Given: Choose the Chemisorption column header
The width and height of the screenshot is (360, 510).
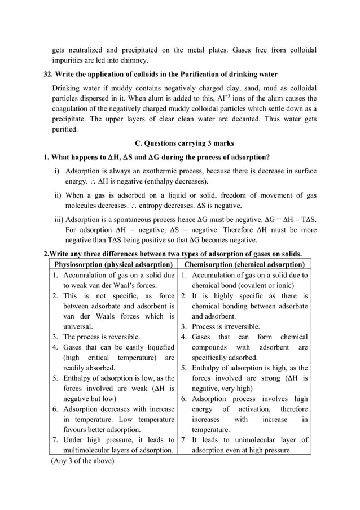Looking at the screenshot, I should pyautogui.click(x=244, y=264).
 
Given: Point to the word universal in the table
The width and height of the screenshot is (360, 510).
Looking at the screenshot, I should pyautogui.click(x=78, y=326).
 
